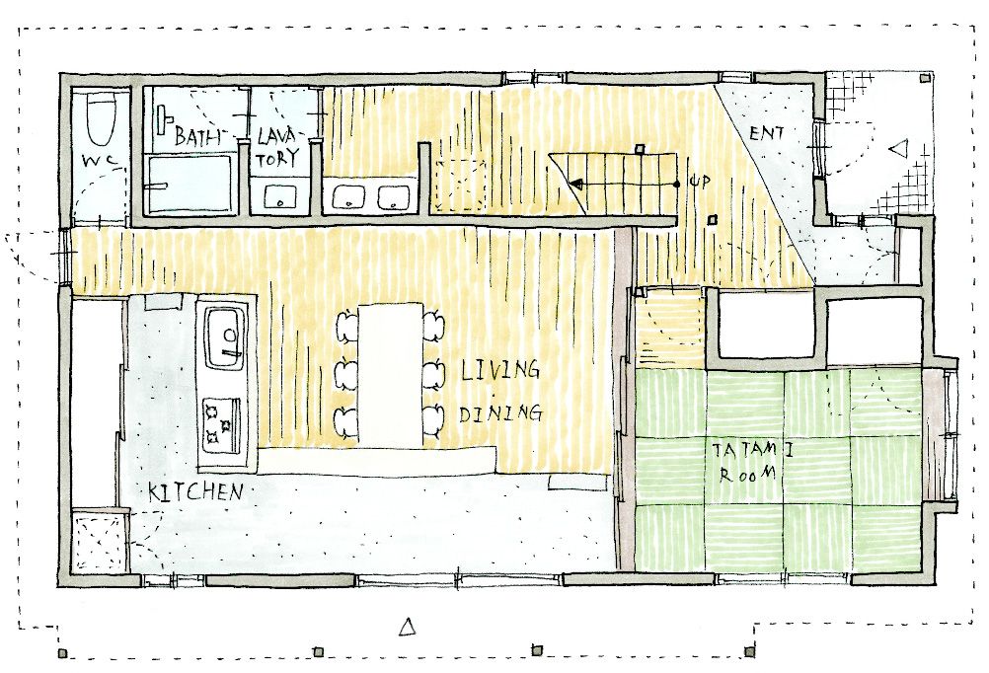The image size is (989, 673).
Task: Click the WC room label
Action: [x=101, y=162]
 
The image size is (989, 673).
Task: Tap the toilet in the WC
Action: [x=101, y=119]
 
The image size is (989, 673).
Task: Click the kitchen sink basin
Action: [x=224, y=338]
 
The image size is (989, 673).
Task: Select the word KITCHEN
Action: [x=195, y=491]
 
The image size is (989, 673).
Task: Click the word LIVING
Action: [x=500, y=370]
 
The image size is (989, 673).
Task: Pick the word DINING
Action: [x=500, y=413]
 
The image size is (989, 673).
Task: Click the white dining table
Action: [x=391, y=375]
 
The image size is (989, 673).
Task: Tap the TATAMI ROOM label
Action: [x=752, y=462]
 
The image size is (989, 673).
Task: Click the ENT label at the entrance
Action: [x=766, y=133]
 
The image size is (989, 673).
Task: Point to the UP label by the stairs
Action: [x=700, y=182]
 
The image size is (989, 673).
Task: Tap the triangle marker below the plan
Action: [x=408, y=627]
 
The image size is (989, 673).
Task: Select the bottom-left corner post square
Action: [x=62, y=653]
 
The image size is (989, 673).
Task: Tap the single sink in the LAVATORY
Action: [x=278, y=196]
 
